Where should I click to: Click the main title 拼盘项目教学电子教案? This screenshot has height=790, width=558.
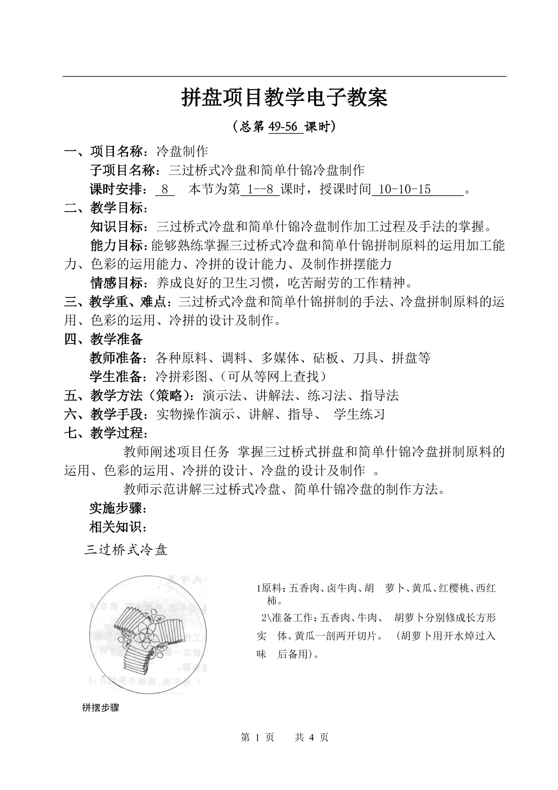coord(284,98)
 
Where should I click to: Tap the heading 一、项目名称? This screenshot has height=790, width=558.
coord(106,152)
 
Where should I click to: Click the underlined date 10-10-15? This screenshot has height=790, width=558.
coord(404,189)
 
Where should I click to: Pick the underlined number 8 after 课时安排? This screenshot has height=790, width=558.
coord(165,189)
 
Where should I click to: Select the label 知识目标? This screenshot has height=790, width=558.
coord(117,227)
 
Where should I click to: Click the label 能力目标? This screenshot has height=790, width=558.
coord(117,245)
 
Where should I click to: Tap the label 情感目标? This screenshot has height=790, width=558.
coord(117,283)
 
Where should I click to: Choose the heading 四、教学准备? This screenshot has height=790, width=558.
coord(103,339)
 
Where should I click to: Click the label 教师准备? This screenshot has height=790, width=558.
coord(117,358)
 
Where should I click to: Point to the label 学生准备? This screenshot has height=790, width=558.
coord(117,377)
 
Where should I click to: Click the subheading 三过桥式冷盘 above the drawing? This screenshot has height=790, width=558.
coord(126,550)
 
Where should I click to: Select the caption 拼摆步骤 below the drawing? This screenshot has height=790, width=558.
coord(100,708)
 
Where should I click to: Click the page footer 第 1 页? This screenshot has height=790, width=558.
coord(257,737)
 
